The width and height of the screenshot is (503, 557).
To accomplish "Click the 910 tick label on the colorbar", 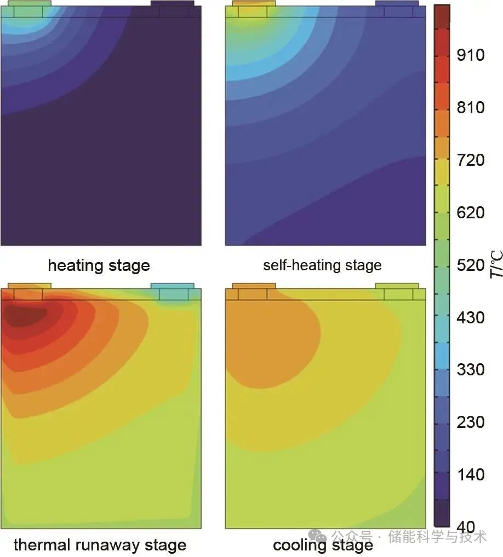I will [x=471, y=55].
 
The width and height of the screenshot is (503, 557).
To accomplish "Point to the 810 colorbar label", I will [x=471, y=108].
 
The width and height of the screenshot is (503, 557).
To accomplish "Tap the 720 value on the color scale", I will [x=471, y=160].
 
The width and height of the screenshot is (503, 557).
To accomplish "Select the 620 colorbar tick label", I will [x=471, y=212].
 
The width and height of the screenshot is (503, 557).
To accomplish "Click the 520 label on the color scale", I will [x=471, y=265].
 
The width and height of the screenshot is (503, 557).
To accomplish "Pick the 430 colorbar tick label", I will [x=471, y=317].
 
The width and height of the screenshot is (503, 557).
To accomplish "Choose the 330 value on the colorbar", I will [x=471, y=370].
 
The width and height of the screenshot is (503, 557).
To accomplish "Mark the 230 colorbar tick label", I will [x=471, y=422].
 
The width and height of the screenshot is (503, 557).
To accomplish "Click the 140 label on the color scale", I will [x=471, y=474].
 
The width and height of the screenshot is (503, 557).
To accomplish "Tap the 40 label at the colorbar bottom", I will [x=466, y=527].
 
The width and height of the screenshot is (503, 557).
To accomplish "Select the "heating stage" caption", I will [x=99, y=266].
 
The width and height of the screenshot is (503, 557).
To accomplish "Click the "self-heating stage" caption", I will [x=322, y=266].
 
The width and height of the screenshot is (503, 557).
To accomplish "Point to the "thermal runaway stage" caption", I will [x=100, y=545].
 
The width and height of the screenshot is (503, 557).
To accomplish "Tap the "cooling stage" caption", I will [x=323, y=545].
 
